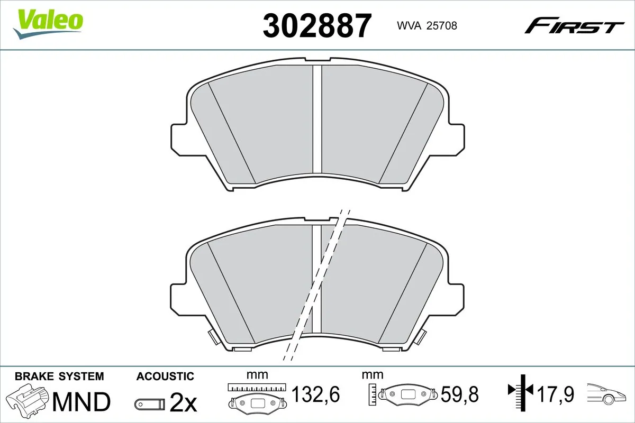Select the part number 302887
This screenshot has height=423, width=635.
tap(317, 25)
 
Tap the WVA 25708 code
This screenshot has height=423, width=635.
tap(423, 25)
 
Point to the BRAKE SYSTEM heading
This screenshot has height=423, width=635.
tap(59, 376)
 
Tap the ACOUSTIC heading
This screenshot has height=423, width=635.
tap(165, 376)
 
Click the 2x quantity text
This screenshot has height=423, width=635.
tap(183, 404)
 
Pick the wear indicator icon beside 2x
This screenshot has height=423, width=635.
tap(149, 404)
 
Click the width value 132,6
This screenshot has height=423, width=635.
tap(315, 393)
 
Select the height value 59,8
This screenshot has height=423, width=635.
tap(459, 393)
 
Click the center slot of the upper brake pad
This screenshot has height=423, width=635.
tap(317, 119)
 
